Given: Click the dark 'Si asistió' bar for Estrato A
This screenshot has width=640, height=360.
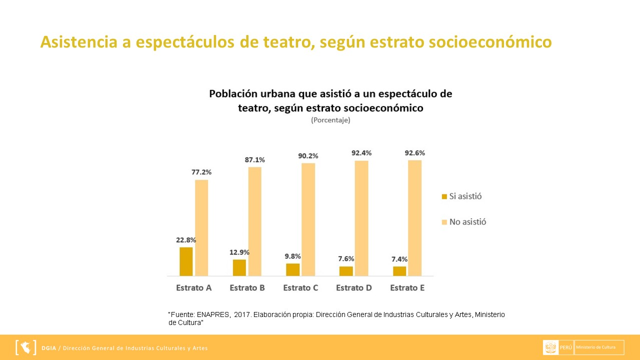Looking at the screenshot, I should tap(186, 261).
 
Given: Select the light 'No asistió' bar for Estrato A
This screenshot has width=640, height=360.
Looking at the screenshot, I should tap(201, 227).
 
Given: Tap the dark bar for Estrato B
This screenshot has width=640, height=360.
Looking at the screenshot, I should tap(239, 267).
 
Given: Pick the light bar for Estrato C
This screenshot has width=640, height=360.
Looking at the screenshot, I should tap(308, 219).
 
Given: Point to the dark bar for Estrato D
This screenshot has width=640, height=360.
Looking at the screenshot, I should tap(346, 270).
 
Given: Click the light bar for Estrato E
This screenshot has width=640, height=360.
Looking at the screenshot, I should tap(414, 217).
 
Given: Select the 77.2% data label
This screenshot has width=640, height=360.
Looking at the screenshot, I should tap(201, 172).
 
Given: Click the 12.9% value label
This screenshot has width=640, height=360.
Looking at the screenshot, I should tap(239, 252).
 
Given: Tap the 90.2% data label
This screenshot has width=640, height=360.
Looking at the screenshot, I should tap(308, 155).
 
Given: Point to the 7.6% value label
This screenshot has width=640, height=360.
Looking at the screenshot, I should tap(345, 258).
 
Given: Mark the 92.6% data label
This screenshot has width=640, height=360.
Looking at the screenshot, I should tap(414, 152).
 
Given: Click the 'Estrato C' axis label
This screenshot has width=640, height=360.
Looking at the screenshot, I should tap(300, 288).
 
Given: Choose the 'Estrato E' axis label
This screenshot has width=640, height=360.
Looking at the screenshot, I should tap(407, 288).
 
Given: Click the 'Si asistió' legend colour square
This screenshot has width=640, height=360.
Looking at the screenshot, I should tap(444, 196).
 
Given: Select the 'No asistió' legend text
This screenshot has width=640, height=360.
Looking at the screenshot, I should tap(467, 221).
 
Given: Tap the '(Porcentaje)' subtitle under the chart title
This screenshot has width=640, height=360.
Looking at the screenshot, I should tap(330, 120).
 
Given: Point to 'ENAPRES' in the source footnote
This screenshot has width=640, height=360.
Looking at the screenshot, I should tap(212, 314).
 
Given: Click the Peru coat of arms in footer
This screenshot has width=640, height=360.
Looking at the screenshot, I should tap(550, 347).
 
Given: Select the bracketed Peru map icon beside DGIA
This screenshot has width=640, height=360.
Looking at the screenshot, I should tap(26, 347).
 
